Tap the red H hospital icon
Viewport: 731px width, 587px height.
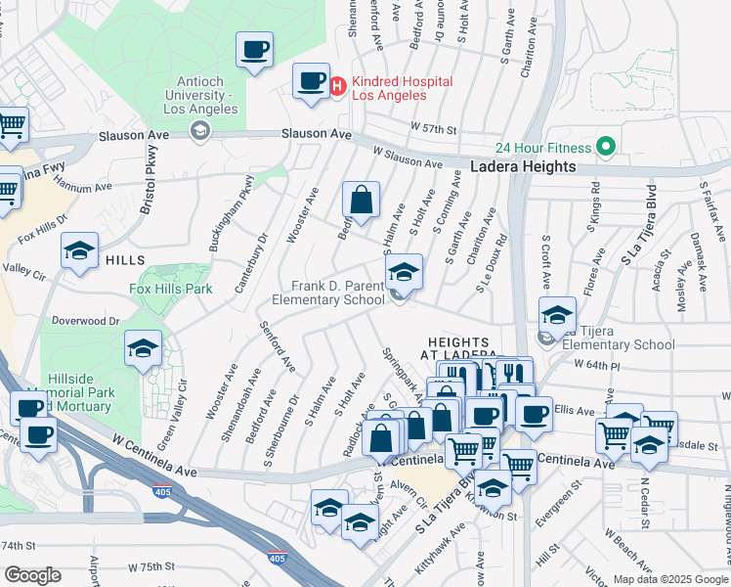coord(337,88)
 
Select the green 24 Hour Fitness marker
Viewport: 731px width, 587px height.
coord(605,148)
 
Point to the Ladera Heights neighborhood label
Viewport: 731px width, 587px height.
coord(523,167)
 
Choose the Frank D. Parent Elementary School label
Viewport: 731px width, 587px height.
coord(338,293)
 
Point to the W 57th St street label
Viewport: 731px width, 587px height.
coord(434,128)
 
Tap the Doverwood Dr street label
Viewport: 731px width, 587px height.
coord(85,320)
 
